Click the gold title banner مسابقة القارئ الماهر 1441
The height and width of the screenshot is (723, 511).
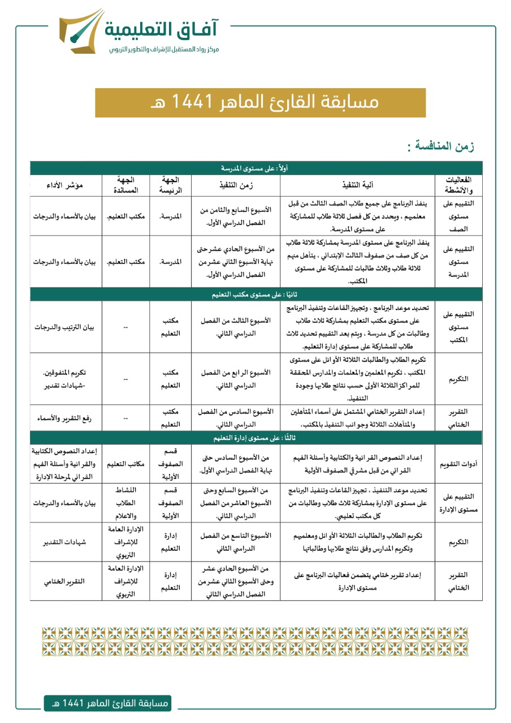[260, 103]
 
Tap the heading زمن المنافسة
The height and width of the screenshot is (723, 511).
[441, 147]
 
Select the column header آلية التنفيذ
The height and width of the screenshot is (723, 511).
[357, 185]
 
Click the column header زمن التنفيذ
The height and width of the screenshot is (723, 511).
[236, 185]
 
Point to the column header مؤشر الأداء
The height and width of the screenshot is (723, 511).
[66, 185]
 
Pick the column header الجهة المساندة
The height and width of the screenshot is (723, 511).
[125, 185]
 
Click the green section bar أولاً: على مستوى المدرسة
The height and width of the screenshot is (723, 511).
[256, 168]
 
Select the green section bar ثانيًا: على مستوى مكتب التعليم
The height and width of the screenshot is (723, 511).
[256, 295]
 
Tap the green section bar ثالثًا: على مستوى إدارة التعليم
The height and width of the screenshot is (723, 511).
[256, 438]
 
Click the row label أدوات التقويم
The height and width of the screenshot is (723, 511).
[458, 464]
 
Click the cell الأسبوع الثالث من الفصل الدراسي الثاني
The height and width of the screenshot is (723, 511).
[236, 328]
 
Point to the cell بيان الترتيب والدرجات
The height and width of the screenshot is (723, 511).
[66, 328]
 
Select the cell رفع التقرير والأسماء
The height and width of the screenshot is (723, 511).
[66, 417]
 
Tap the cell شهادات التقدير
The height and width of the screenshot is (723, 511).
[66, 542]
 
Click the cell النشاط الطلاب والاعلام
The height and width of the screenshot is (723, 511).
[125, 502]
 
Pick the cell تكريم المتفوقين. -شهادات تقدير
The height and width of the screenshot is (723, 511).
[66, 378]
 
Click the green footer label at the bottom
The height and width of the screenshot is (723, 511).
[107, 703]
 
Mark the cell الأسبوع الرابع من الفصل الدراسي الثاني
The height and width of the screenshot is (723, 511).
[236, 378]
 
